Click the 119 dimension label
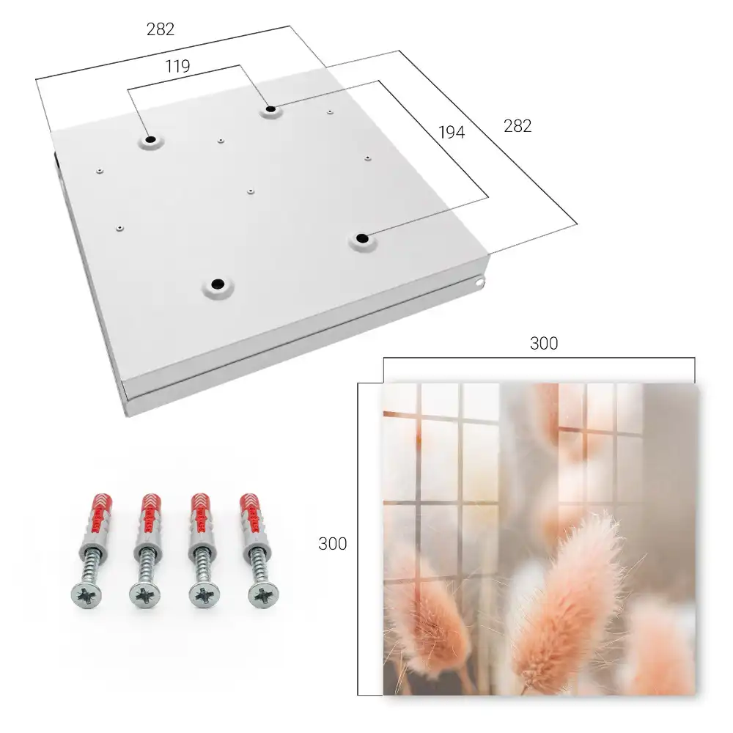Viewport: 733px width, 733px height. [177, 67]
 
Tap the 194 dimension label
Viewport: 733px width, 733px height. [452, 133]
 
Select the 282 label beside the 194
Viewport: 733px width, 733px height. [517, 126]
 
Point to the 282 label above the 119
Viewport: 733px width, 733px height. [161, 29]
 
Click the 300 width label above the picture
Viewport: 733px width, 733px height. [544, 344]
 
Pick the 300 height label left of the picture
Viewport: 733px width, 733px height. [332, 544]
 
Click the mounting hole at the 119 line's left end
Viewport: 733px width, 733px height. [150, 140]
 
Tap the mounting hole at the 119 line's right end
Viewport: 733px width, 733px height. [270, 110]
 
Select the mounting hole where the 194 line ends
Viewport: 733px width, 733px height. [362, 238]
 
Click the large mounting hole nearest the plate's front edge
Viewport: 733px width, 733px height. [218, 284]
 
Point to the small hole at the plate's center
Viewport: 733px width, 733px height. [251, 191]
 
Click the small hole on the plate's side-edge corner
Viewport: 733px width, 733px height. [479, 282]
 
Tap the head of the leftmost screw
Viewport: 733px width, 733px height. [86, 595]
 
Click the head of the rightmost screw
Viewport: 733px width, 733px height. [263, 595]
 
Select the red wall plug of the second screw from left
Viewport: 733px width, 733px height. [150, 515]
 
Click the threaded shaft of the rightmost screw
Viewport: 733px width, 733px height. [258, 564]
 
